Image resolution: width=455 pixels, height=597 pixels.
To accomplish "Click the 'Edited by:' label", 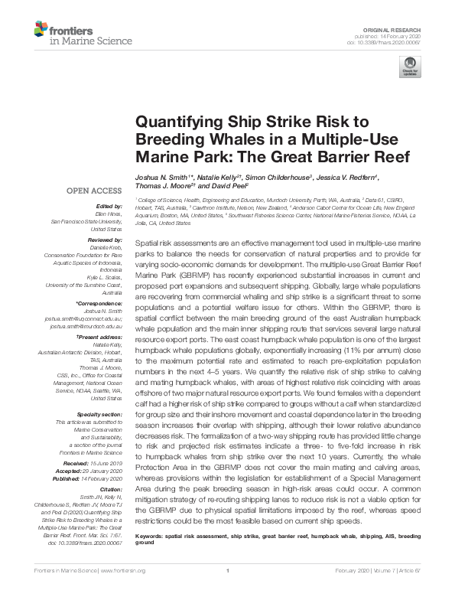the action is [99, 207].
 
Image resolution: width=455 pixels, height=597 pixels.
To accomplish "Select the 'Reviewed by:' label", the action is [95, 239].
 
